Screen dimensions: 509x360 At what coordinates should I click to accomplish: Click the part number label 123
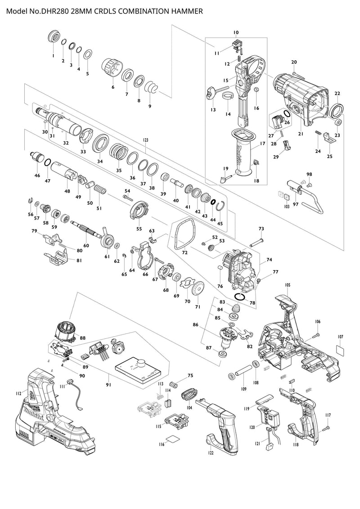(x=145, y=140)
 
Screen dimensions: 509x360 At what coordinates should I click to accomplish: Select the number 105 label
(x=288, y=285)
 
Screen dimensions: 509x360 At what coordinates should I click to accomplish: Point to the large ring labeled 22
(x=336, y=109)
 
